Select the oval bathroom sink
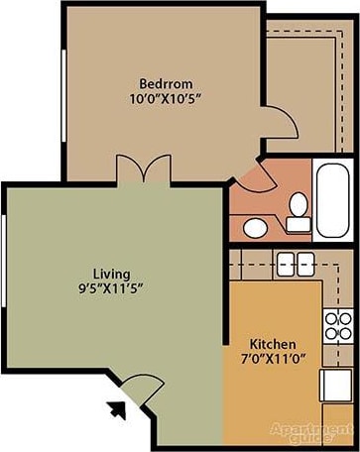pyautogui.click(x=255, y=227)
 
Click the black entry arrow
pyautogui.click(x=117, y=405)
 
